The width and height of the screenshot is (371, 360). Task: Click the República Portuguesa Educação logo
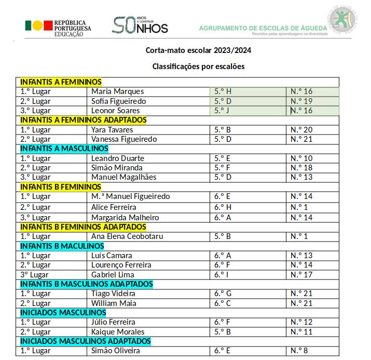[58, 27]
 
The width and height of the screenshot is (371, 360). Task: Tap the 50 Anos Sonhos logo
[140, 25]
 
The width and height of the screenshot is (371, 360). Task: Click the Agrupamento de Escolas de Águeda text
[263, 28]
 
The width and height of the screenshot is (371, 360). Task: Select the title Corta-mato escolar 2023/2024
[199, 51]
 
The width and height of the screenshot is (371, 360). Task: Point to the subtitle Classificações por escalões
[198, 66]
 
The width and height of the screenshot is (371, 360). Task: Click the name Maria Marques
[117, 91]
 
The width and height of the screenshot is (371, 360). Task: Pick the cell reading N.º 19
[301, 101]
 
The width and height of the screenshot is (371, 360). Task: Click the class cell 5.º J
[222, 111]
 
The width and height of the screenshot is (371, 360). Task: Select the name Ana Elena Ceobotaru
[127, 236]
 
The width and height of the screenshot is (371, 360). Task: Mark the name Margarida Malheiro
[125, 218]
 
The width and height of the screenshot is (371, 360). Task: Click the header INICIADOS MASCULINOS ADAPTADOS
[85, 341]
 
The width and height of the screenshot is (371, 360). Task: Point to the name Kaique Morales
[117, 331]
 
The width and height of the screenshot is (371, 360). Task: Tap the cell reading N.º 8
[299, 351]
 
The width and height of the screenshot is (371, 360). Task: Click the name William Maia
[114, 303]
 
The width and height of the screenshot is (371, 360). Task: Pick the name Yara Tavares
[112, 130]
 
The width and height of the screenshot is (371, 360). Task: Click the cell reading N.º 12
[301, 322]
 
